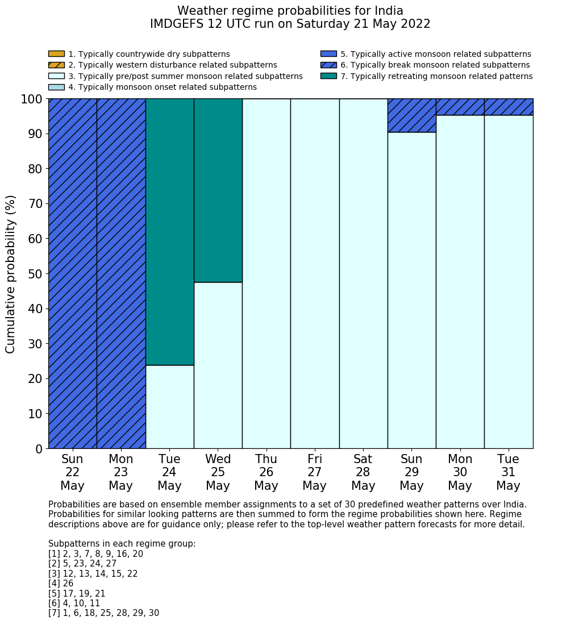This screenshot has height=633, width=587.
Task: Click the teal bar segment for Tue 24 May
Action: (x=169, y=232)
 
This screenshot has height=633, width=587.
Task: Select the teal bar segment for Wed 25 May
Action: (x=218, y=190)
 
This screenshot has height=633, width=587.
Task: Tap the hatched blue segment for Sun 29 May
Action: (x=411, y=115)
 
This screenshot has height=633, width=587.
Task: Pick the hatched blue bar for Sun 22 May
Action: (x=72, y=273)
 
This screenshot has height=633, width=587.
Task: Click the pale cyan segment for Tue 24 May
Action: (x=169, y=407)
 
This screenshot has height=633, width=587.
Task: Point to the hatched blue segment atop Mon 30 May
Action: (x=460, y=107)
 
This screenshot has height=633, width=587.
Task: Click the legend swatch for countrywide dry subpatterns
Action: (x=56, y=54)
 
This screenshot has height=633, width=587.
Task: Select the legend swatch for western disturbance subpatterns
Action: (x=56, y=65)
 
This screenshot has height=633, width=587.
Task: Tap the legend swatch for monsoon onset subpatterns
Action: (x=56, y=87)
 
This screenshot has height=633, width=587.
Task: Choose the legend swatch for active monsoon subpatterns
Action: (x=328, y=54)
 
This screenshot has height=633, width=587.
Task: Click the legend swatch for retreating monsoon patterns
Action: (x=328, y=76)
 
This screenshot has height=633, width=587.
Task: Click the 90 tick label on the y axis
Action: (x=35, y=134)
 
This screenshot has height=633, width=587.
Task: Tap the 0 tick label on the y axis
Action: (x=39, y=449)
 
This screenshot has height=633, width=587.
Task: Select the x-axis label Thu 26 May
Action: (x=266, y=472)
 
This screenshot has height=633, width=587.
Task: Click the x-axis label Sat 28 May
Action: (x=363, y=472)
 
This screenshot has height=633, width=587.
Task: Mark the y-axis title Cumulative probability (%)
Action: (x=11, y=274)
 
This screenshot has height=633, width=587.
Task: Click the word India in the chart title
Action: (x=387, y=11)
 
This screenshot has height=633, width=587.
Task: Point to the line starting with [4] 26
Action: (x=61, y=584)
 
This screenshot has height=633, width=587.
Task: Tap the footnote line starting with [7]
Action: (x=103, y=613)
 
